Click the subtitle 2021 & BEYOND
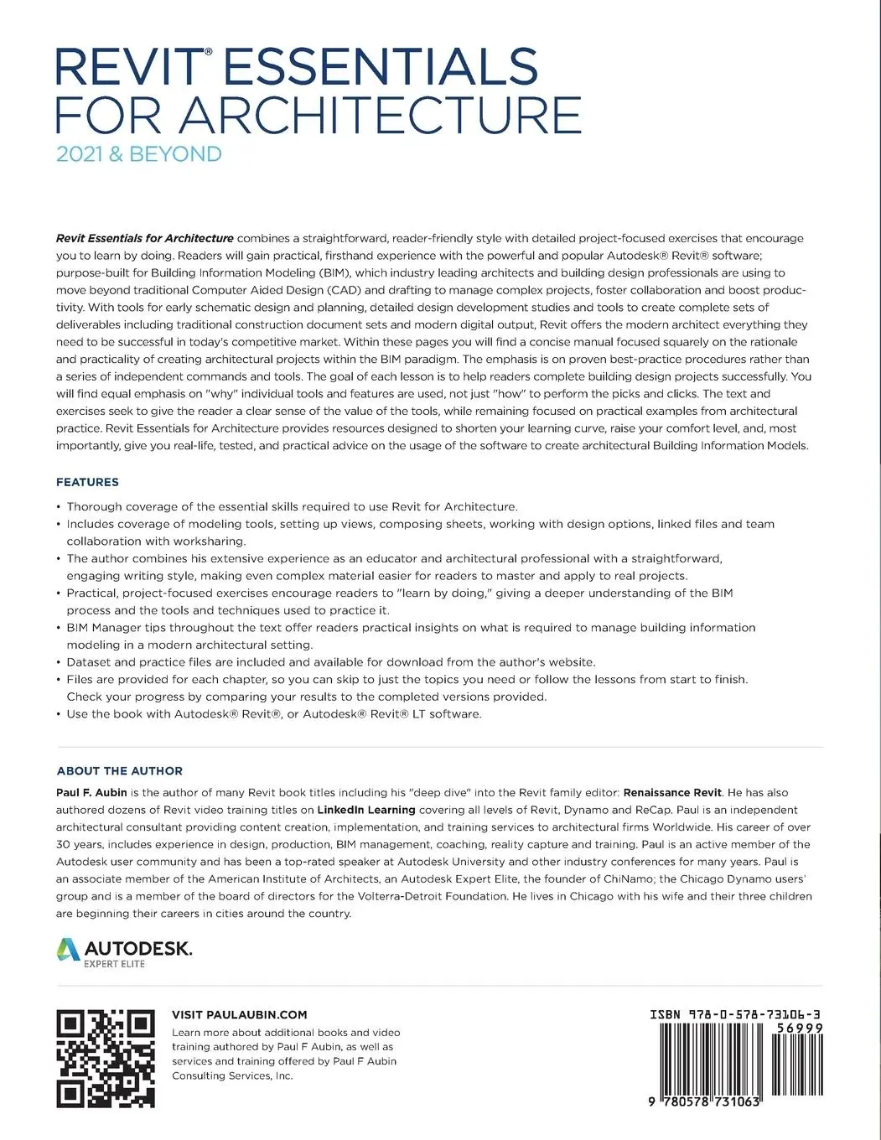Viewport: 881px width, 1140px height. pos(139,154)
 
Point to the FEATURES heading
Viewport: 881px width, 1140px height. pos(87,482)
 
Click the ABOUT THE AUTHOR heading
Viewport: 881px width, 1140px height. pos(119,770)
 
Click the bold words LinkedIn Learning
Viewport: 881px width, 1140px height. pos(366,810)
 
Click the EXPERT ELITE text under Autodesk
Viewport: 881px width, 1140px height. pos(114,964)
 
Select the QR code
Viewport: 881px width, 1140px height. pos(106,1060)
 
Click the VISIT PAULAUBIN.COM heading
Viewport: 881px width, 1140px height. pos(239,1014)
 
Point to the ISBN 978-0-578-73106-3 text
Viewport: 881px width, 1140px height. pos(735,1014)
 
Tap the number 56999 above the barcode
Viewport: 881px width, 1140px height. pos(801,1028)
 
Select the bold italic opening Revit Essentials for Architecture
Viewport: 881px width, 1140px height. pos(144,238)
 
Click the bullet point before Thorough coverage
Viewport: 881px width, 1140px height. pos(59,506)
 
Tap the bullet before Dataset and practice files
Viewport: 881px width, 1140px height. pos(59,662)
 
